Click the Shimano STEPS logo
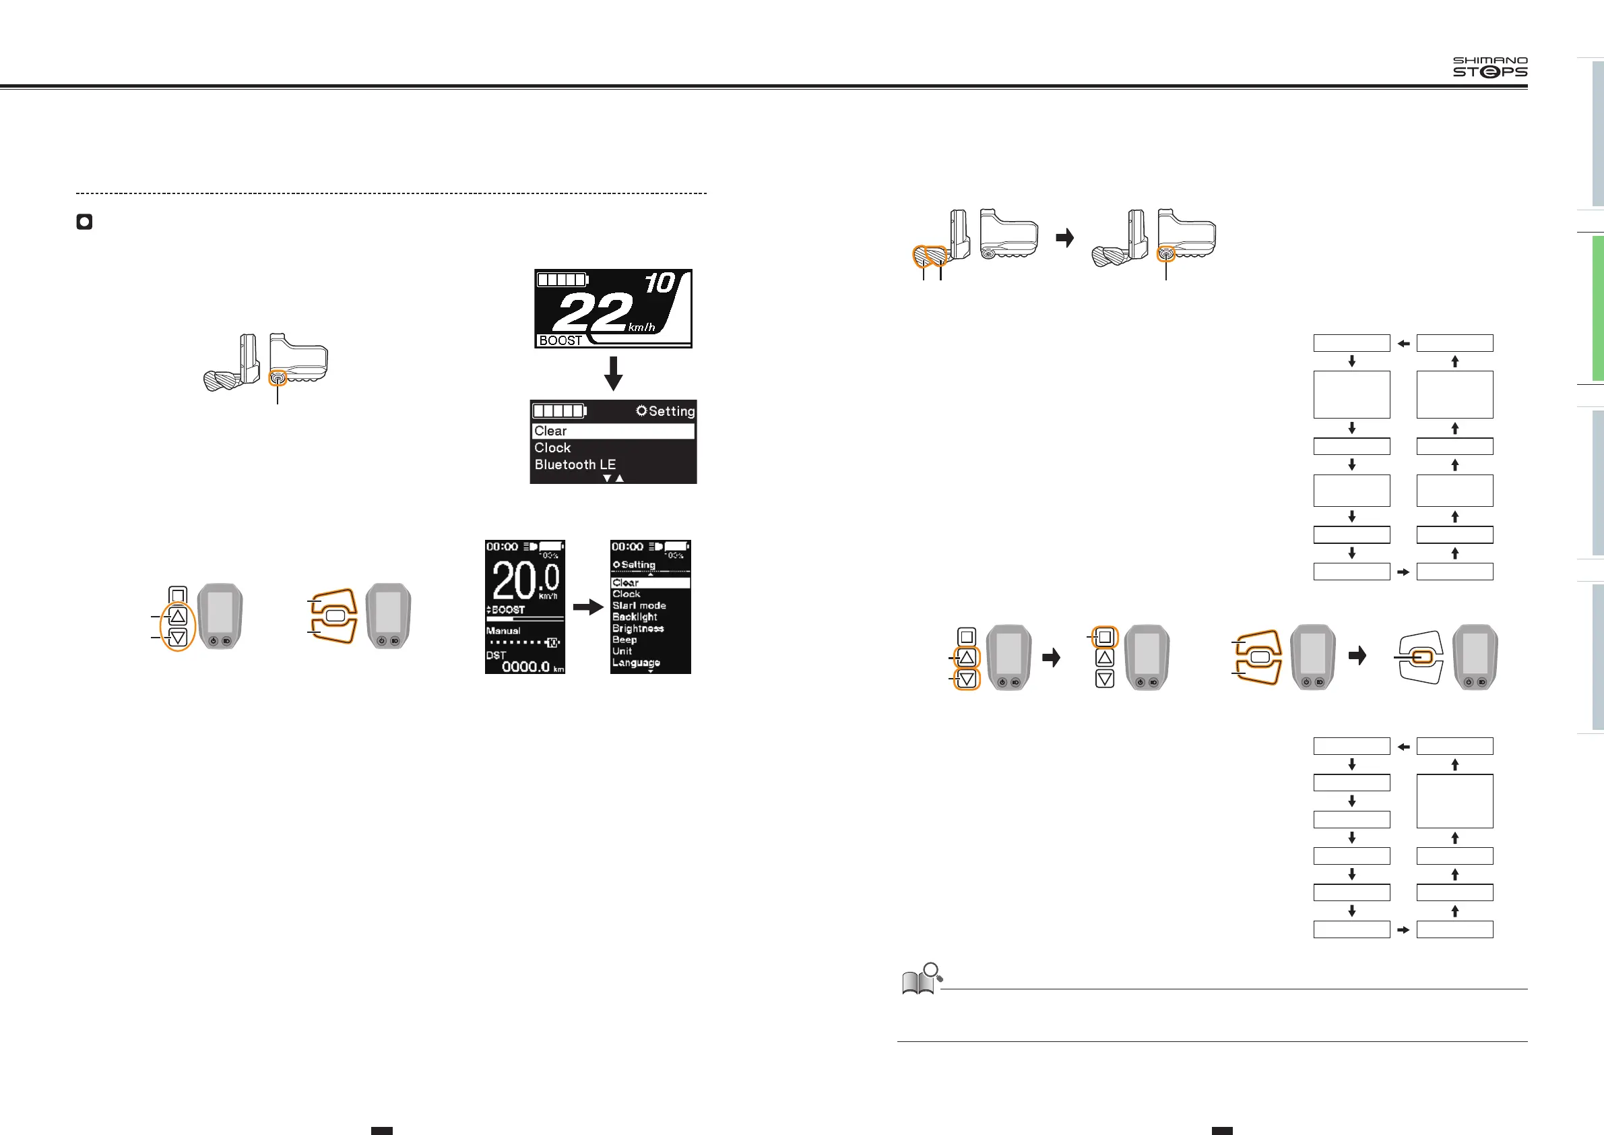(1489, 67)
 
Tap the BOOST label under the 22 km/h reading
(560, 340)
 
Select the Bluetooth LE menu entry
(575, 465)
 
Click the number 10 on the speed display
(659, 283)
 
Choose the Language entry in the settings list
(636, 663)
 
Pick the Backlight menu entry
(635, 617)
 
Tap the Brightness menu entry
(638, 628)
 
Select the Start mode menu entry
(639, 605)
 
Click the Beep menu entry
(624, 640)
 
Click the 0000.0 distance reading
(525, 667)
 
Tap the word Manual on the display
(503, 630)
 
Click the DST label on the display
(495, 655)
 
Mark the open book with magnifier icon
(922, 979)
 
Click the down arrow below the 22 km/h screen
(612, 373)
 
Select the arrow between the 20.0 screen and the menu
(587, 607)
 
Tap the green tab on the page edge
(1597, 307)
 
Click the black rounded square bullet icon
(84, 222)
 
